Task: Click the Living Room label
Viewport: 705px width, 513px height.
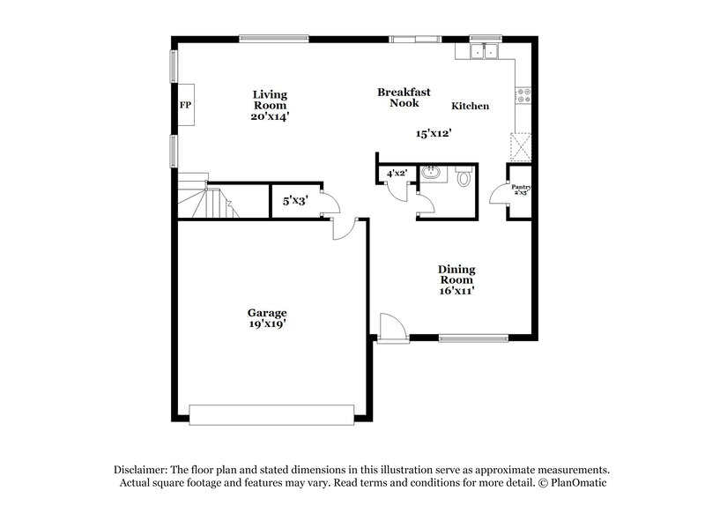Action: (270, 104)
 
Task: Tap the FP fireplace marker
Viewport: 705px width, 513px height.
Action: (186, 106)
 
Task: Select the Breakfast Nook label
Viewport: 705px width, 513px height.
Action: (404, 97)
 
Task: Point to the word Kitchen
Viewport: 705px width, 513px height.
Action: (470, 107)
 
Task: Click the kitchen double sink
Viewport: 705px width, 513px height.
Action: (484, 53)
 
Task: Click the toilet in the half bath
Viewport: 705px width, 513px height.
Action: (464, 178)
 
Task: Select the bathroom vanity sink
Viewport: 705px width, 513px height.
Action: (431, 174)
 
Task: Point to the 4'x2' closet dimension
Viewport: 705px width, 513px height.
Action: (396, 175)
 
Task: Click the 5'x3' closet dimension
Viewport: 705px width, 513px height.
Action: (294, 201)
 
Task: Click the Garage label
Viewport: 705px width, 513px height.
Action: (266, 313)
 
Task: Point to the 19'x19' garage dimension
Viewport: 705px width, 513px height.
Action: (266, 324)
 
